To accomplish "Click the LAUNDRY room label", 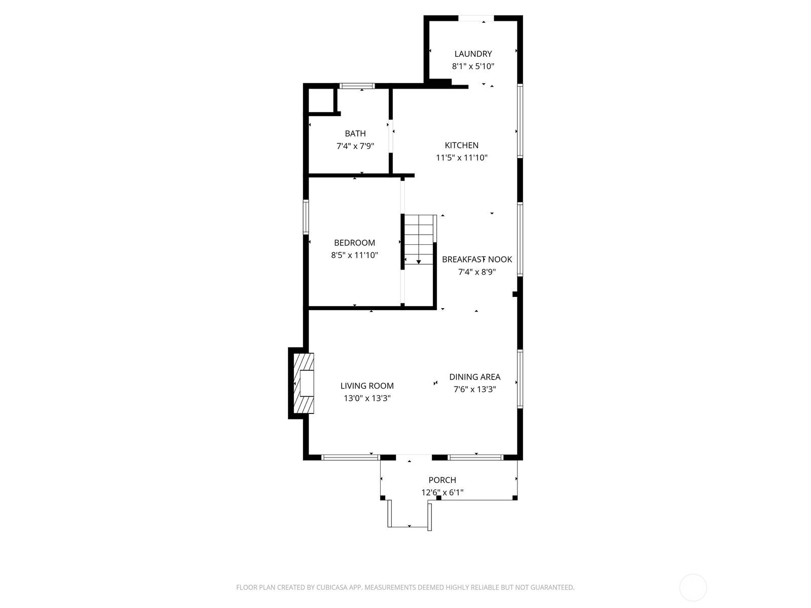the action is (x=473, y=54).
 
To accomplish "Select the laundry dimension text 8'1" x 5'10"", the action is (x=473, y=66).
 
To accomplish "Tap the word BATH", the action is (x=355, y=134).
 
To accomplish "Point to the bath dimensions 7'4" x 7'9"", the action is (x=355, y=146).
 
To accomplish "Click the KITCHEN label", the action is (x=461, y=145).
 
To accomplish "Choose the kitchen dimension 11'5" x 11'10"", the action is (x=461, y=158).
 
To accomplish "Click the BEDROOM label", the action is (x=354, y=243).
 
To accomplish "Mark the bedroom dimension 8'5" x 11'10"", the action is (x=354, y=255).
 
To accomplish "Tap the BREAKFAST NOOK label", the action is (x=477, y=259).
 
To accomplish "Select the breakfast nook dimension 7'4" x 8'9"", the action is (x=476, y=272).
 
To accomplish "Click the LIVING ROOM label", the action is (x=367, y=386).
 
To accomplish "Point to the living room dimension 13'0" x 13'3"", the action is (x=367, y=398).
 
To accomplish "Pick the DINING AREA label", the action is (x=475, y=377).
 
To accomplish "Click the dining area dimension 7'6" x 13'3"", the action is (x=475, y=390).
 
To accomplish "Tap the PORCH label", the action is (x=443, y=480).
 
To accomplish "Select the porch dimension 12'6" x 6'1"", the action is (x=443, y=492).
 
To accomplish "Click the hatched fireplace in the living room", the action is (x=304, y=383).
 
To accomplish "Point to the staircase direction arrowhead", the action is (x=419, y=262).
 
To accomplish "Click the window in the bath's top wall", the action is (x=357, y=86).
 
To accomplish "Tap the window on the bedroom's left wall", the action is (x=306, y=217).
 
